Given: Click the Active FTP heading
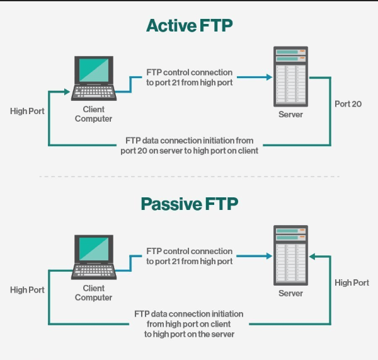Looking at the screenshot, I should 189,25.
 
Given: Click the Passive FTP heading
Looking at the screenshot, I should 189,204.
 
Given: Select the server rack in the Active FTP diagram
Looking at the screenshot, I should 290,77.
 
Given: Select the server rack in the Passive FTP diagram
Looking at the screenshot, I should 290,255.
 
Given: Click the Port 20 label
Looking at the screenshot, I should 348,104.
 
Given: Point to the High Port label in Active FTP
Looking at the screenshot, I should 27,112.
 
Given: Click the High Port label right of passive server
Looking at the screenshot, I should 352,283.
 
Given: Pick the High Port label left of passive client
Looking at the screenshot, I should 27,290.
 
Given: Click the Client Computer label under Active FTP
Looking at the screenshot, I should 93,114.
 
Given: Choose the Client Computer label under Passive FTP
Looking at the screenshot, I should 93,293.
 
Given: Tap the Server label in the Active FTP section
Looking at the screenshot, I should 290,115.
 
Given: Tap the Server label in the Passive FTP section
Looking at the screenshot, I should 290,293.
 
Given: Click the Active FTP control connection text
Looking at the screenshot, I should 189,78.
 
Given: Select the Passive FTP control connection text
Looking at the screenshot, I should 189,256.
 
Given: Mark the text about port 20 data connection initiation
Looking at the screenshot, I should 189,145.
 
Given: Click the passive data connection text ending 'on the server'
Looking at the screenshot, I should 189,323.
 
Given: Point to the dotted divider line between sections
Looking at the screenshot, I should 189,177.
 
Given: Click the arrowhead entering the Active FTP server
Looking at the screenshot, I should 269,78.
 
